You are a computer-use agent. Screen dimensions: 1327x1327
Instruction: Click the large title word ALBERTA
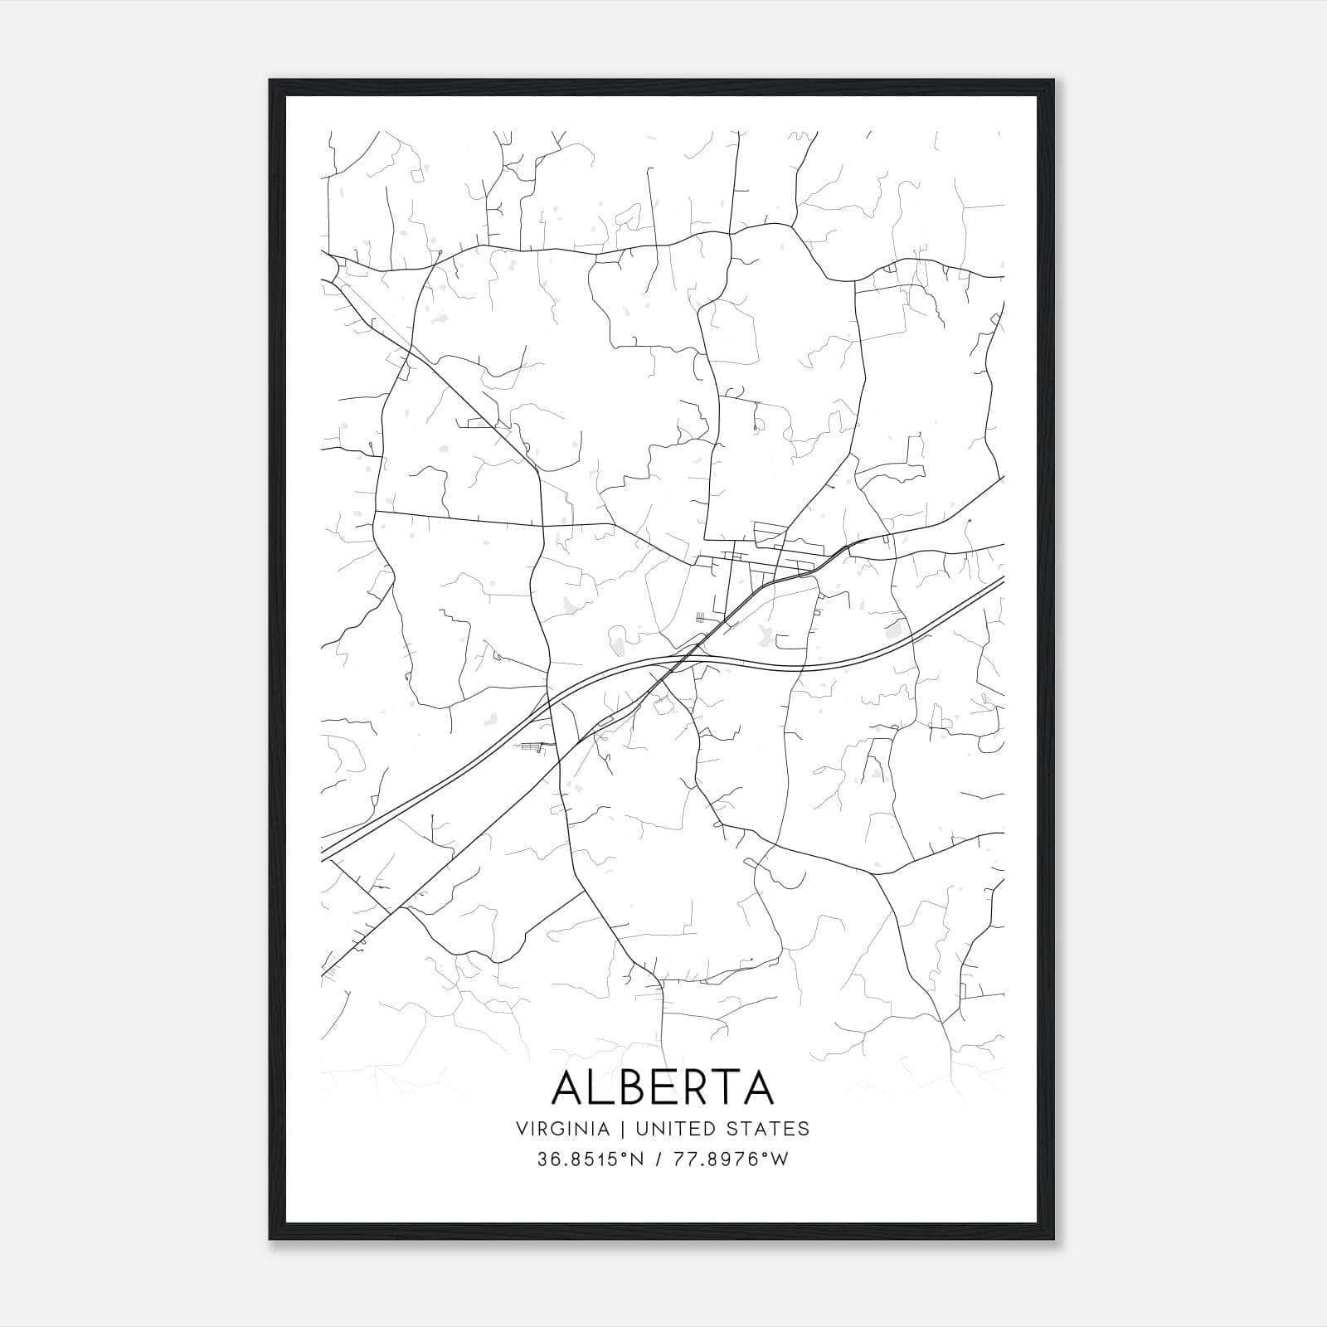pos(663,1087)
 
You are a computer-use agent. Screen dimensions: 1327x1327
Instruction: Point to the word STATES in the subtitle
pos(768,1129)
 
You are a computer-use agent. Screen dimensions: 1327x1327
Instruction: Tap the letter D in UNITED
pos(709,1129)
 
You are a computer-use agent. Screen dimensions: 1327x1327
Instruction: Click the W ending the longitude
pos(780,1159)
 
